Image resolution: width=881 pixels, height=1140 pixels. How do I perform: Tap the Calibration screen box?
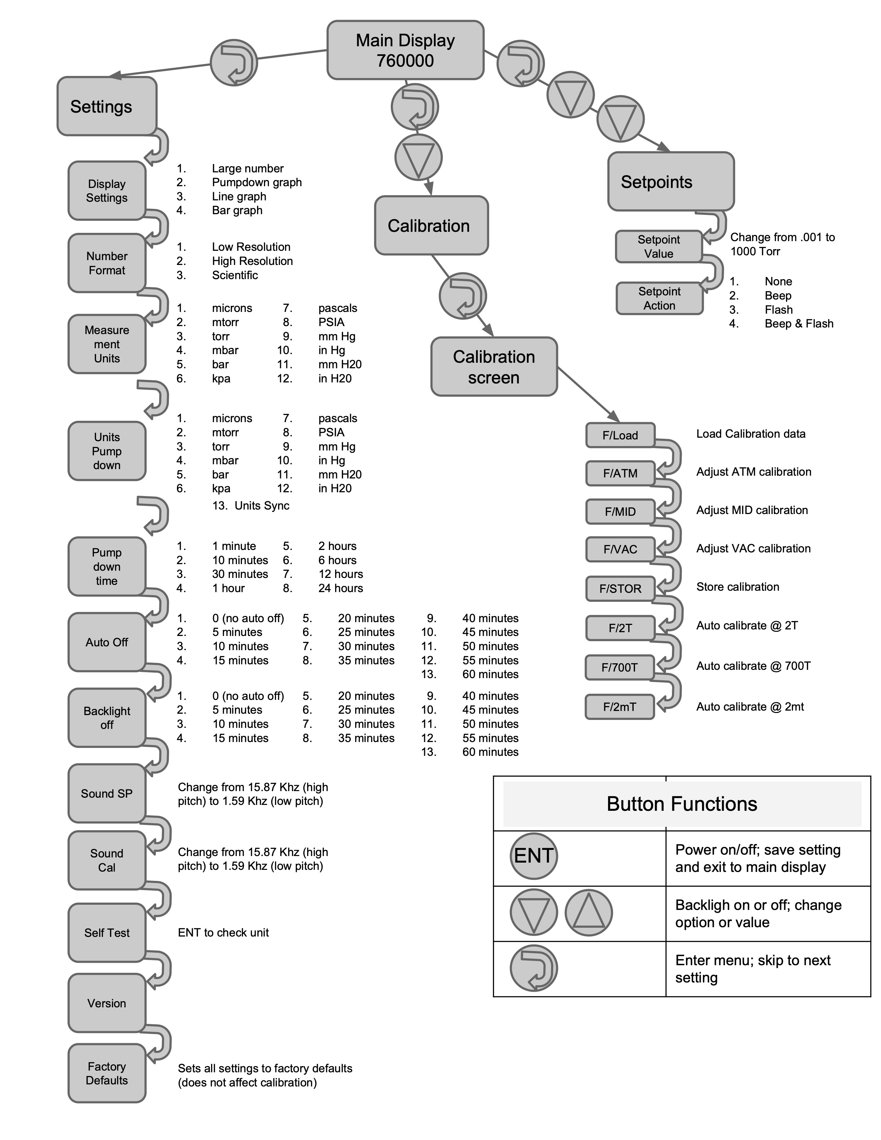[x=494, y=367]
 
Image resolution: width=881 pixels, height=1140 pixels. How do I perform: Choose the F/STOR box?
[x=620, y=589]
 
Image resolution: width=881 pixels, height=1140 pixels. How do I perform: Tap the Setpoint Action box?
[x=659, y=298]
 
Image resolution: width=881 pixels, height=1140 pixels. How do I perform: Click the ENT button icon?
[x=533, y=856]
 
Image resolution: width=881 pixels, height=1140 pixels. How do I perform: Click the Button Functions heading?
[x=682, y=804]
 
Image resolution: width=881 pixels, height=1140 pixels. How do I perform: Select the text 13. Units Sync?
[x=250, y=505]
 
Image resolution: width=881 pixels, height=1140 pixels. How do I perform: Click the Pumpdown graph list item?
[x=256, y=182]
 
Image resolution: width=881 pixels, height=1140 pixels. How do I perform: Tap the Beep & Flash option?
[x=798, y=324]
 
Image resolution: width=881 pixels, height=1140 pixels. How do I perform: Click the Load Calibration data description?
[x=750, y=434]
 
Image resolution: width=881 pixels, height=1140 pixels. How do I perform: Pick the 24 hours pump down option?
[x=340, y=588]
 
